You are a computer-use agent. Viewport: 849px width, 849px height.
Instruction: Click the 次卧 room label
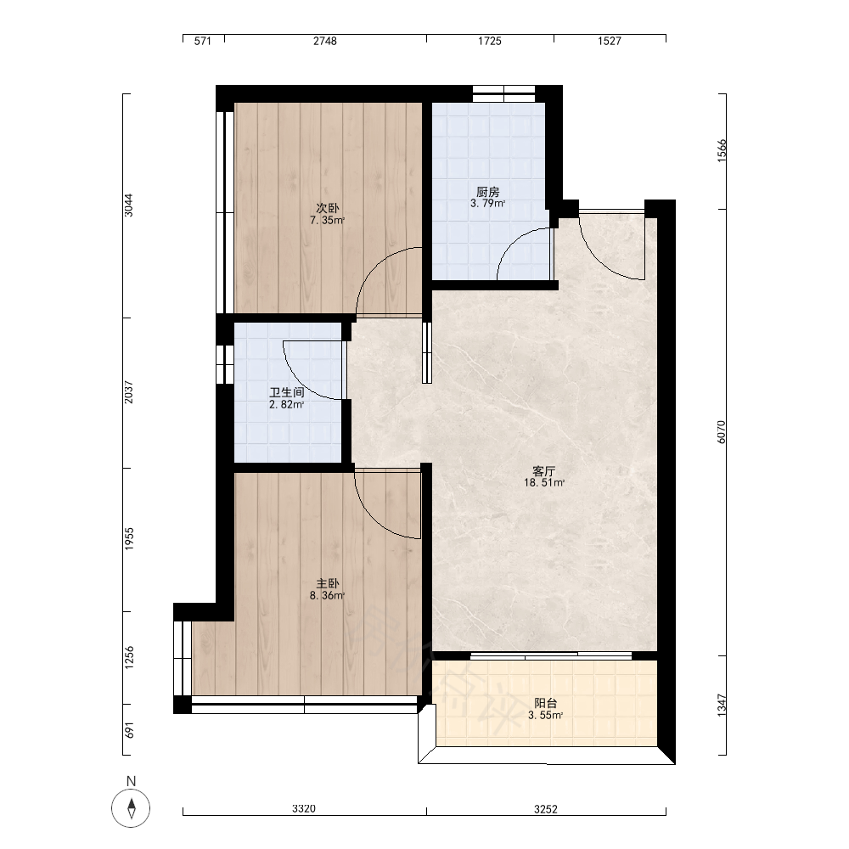328,208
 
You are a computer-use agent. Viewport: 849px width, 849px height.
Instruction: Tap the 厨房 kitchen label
488,192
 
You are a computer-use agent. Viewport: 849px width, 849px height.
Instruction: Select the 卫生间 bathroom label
286,392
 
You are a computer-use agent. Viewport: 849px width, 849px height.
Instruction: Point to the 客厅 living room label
544,470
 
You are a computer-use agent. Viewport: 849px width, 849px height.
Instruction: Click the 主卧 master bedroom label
328,584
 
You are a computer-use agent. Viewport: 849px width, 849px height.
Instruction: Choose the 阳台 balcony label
546,703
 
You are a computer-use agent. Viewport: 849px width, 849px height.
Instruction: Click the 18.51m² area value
544,483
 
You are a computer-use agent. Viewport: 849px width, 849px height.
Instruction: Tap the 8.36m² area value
328,596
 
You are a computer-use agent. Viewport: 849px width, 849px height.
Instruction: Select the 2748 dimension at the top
325,41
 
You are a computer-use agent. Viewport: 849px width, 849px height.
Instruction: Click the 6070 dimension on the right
722,432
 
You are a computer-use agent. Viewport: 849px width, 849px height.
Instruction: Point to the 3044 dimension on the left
128,205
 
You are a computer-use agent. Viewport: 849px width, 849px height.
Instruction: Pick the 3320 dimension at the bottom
304,809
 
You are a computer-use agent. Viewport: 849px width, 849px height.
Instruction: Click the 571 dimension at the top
203,41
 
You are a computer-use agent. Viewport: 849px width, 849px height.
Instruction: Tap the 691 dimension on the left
129,730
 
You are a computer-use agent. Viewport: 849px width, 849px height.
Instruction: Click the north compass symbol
131,808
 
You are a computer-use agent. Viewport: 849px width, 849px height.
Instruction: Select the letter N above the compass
131,781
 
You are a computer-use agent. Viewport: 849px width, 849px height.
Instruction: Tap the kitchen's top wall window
504,93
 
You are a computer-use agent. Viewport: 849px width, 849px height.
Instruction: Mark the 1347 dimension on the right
722,706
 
